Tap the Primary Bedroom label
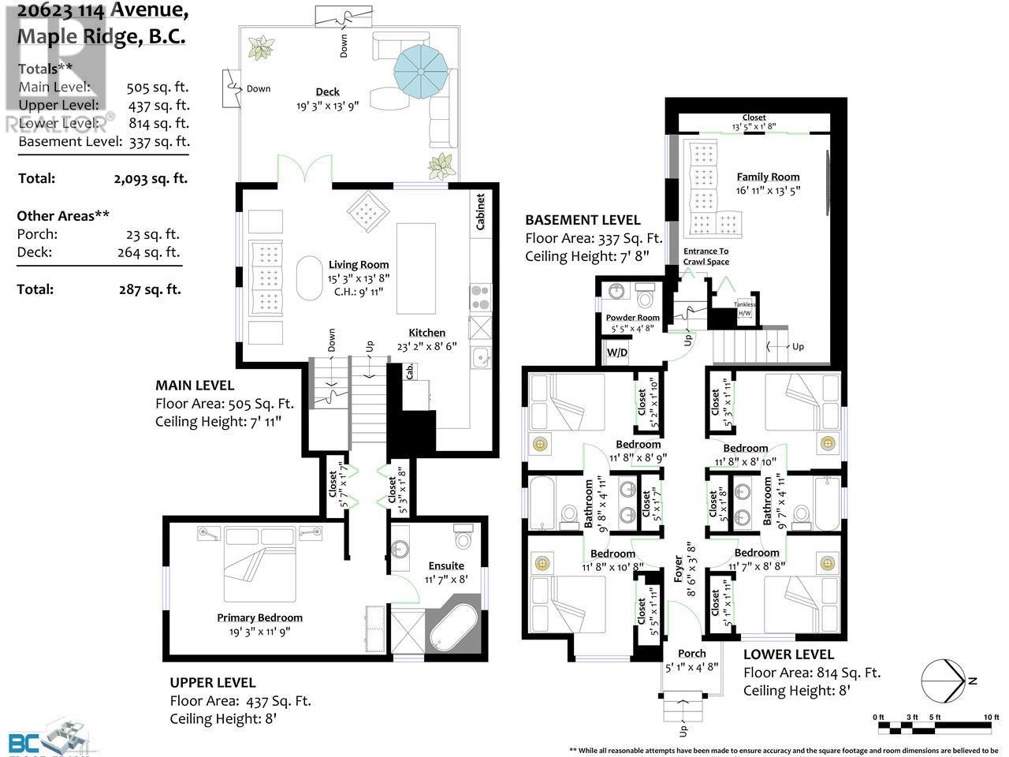[x=259, y=617]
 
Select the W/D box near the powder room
[x=616, y=352]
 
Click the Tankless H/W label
[x=744, y=308]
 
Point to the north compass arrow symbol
[x=944, y=680]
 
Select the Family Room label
[x=768, y=177]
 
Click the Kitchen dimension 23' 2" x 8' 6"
[x=426, y=346]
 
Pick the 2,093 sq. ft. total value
[x=150, y=178]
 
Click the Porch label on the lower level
[x=691, y=653]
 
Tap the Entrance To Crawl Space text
[x=706, y=256]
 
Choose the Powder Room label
[x=632, y=318]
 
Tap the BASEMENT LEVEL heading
[x=583, y=220]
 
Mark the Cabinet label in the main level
[x=480, y=211]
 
